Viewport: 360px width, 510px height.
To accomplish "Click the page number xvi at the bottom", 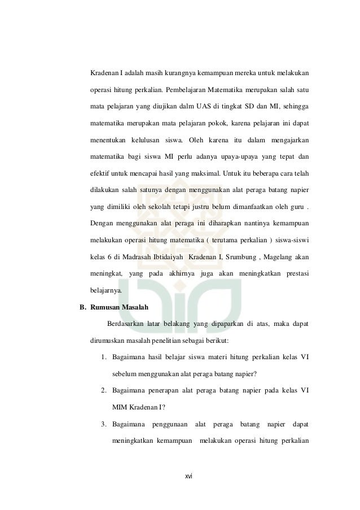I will pyautogui.click(x=189, y=476).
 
